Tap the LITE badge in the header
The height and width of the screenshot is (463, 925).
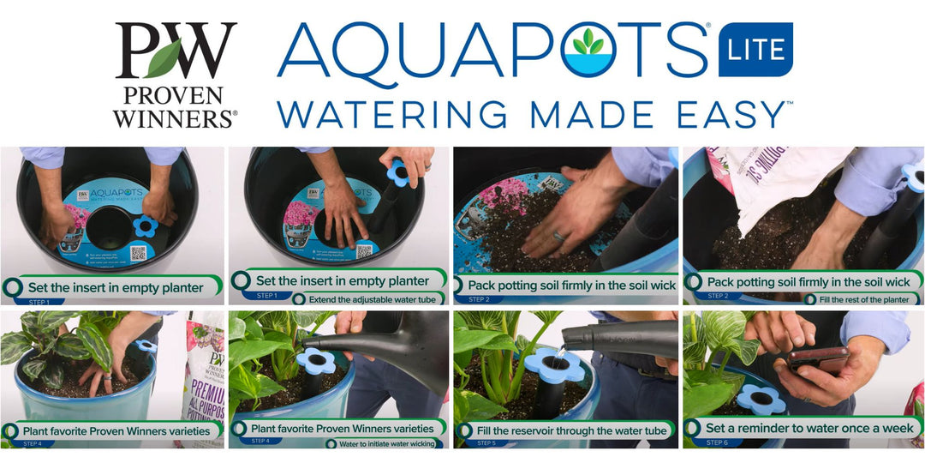[755, 50]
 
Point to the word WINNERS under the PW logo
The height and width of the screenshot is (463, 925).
[175, 119]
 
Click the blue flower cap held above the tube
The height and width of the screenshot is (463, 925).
[397, 172]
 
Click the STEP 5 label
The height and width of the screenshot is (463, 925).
[486, 443]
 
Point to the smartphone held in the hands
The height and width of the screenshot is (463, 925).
[819, 358]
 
